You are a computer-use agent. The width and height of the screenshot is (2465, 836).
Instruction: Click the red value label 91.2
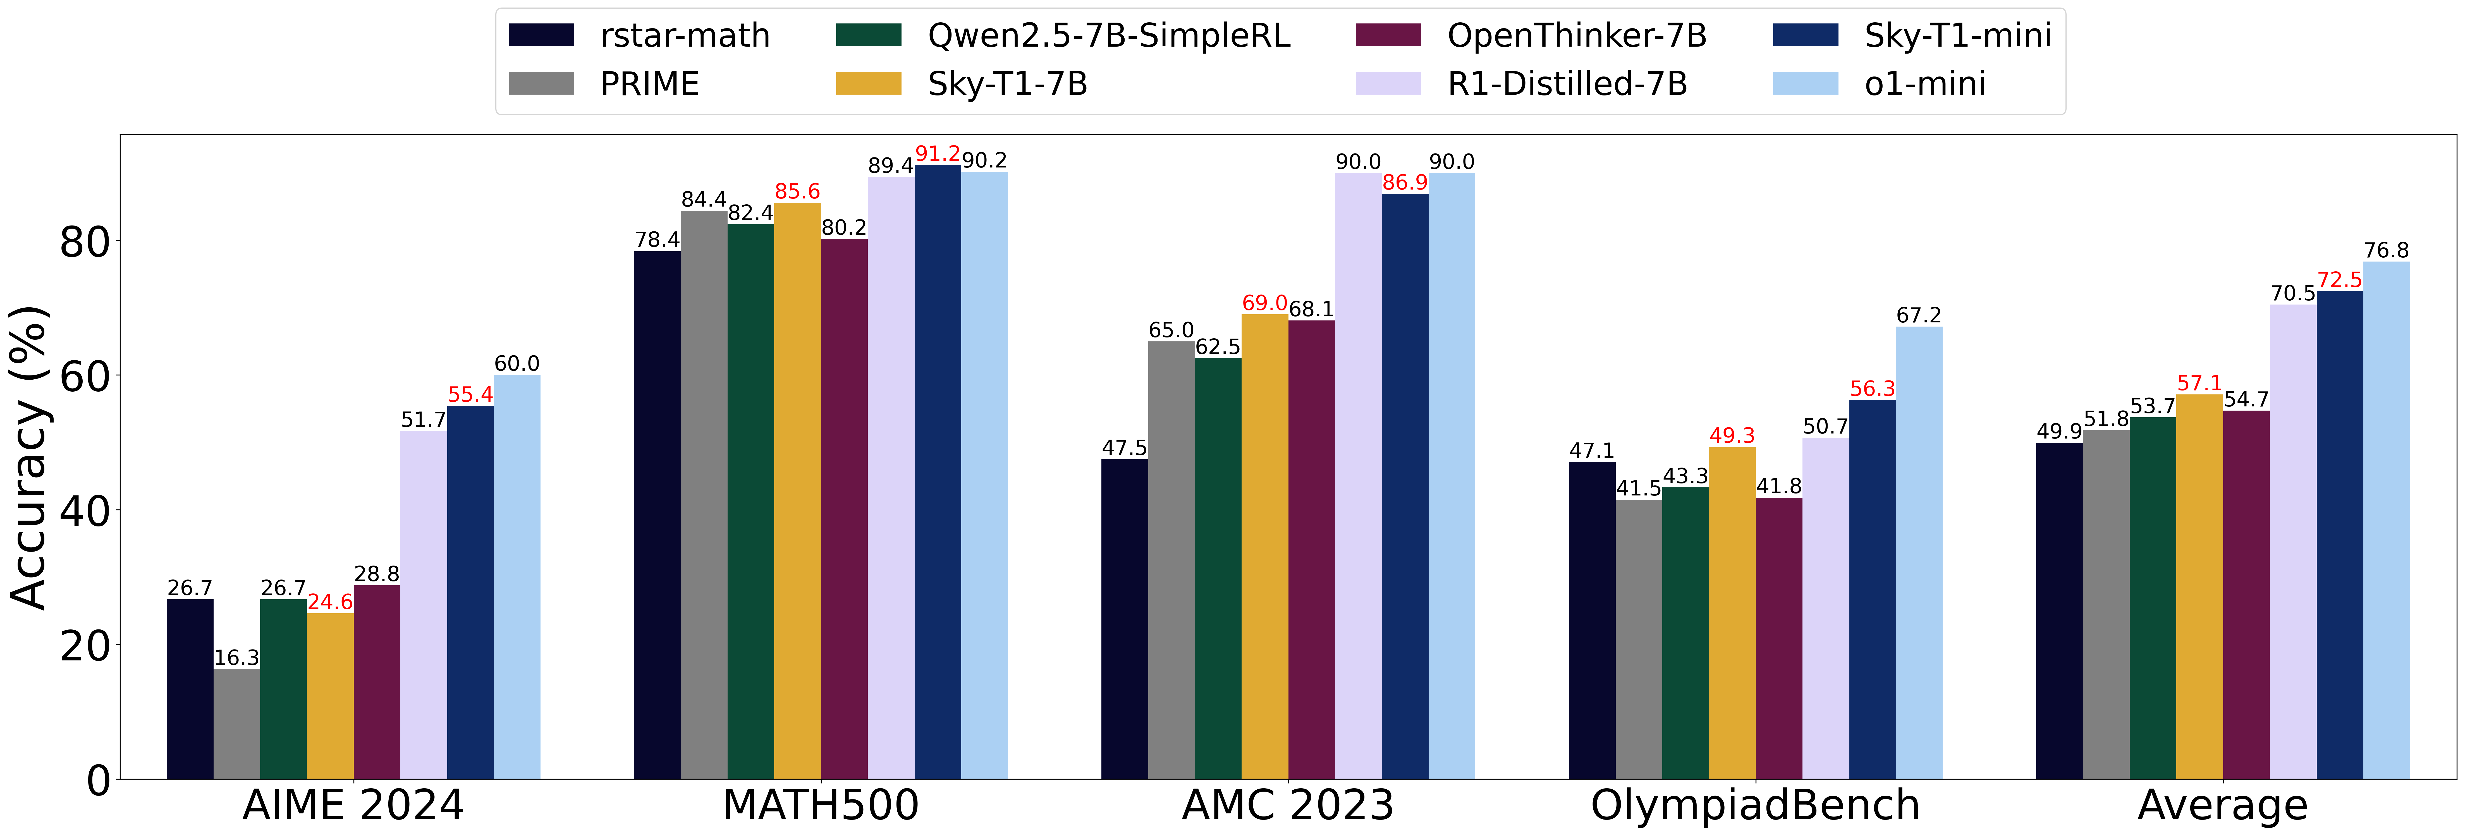pyautogui.click(x=938, y=154)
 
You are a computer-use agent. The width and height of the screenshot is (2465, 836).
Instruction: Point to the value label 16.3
pyautogui.click(x=236, y=658)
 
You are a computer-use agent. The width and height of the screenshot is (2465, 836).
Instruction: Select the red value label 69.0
pyautogui.click(x=1264, y=303)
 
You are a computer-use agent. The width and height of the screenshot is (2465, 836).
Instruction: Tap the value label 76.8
pyautogui.click(x=2386, y=251)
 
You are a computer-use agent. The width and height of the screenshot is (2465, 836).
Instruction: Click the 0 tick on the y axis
pyautogui.click(x=99, y=780)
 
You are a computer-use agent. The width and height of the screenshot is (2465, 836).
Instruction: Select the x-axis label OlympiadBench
pyautogui.click(x=1755, y=805)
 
